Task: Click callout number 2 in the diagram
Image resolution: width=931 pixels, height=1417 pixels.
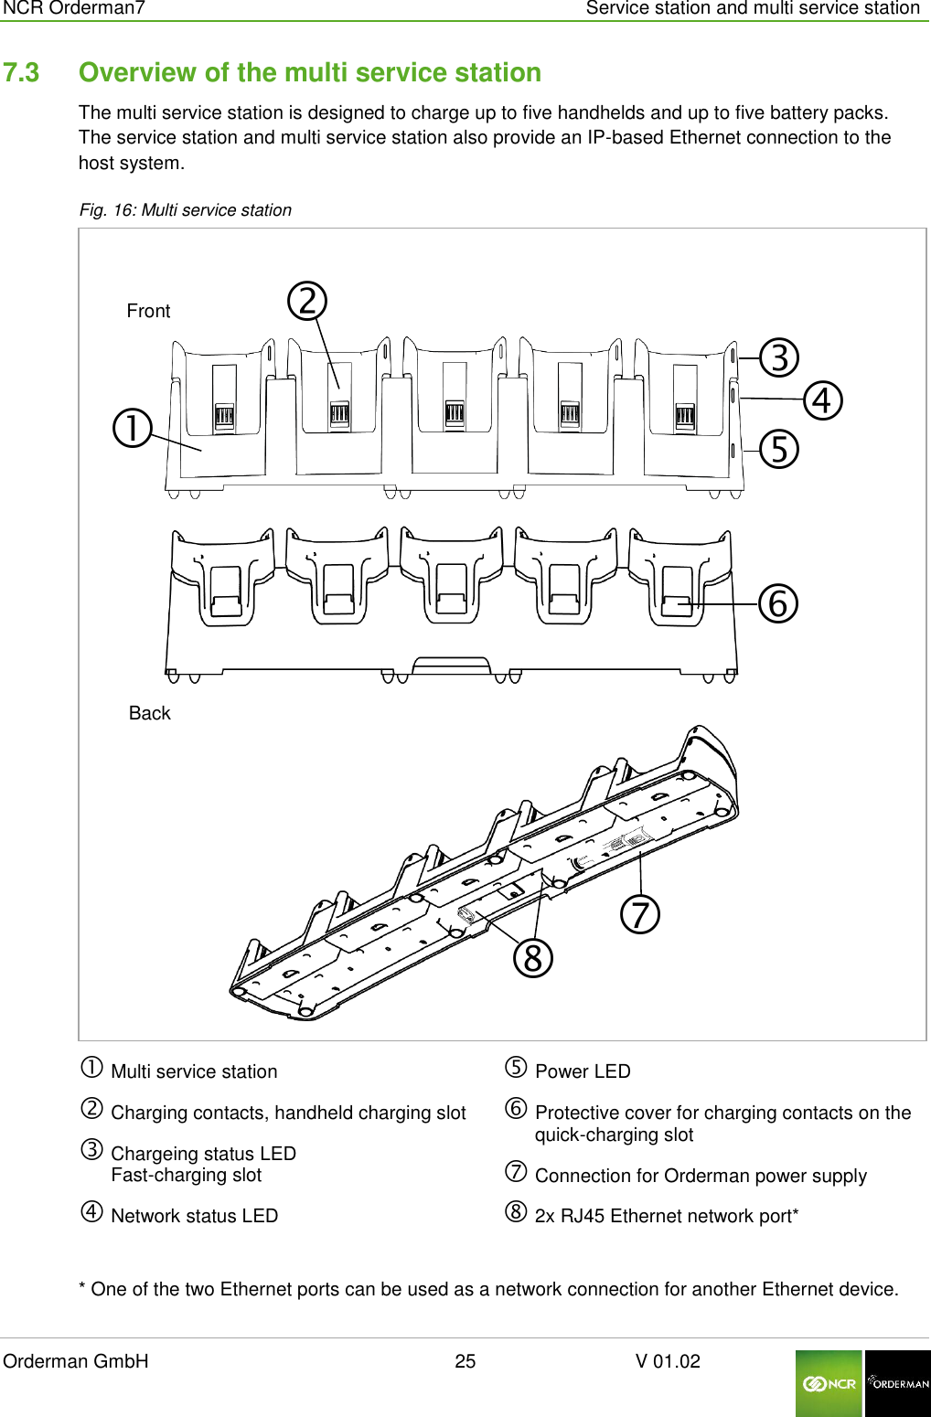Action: click(307, 301)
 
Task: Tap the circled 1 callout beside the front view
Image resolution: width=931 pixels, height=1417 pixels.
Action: click(133, 428)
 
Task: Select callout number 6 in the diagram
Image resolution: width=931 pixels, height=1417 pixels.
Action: click(778, 603)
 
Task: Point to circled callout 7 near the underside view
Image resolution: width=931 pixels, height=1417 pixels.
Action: click(640, 914)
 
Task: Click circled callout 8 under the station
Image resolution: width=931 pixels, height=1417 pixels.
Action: click(533, 958)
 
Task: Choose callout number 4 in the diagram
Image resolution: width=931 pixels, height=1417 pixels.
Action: click(822, 400)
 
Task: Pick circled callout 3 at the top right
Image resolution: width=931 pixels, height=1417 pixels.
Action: click(780, 357)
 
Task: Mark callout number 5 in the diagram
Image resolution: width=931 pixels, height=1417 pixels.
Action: click(779, 449)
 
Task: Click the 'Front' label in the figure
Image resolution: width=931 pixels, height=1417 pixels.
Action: click(148, 311)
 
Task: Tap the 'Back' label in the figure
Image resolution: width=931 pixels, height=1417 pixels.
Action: click(149, 713)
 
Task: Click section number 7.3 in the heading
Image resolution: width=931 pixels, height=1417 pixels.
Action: click(21, 72)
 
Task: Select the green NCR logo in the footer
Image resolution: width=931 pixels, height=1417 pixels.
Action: click(829, 1383)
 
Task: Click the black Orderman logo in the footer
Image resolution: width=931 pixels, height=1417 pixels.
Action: click(897, 1383)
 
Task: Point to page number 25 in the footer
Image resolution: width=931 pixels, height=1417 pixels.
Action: click(465, 1361)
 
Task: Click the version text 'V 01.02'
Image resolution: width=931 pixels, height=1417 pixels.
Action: click(668, 1361)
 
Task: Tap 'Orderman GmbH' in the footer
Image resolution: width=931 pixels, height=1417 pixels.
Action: click(76, 1361)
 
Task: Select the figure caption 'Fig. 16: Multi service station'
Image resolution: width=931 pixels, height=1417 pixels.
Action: click(186, 210)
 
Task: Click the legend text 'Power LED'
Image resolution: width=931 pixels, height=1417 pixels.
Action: click(583, 1071)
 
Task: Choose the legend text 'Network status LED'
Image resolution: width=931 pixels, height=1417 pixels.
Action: click(194, 1216)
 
